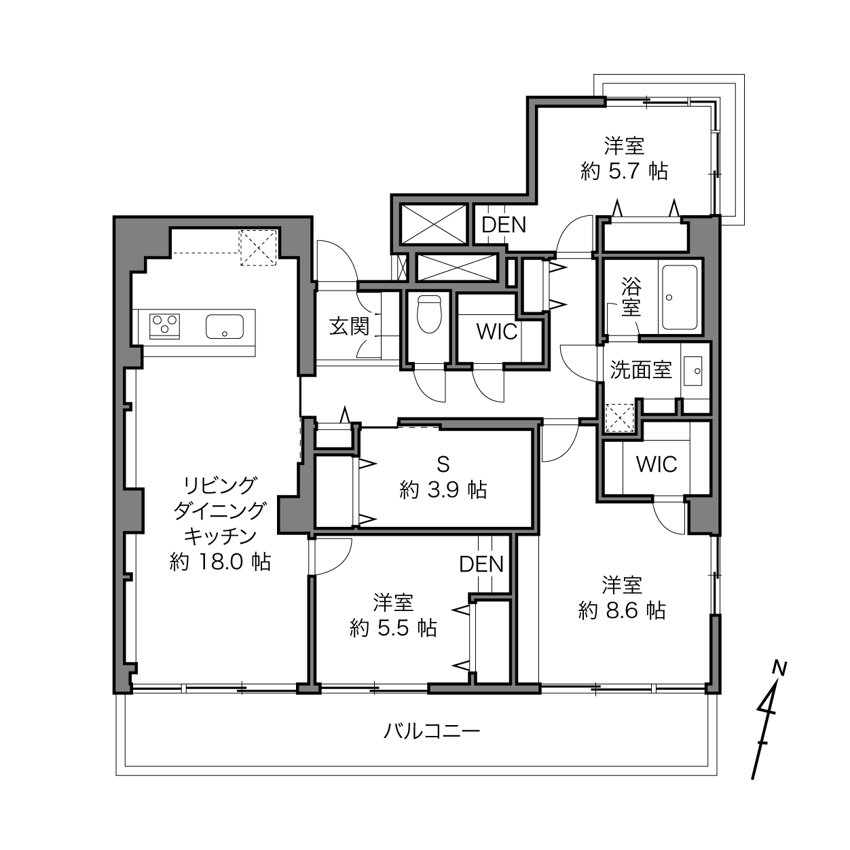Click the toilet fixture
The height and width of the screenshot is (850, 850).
point(429,314)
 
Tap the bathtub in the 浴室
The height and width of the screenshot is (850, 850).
point(680,297)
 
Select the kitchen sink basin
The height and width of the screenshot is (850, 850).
point(225,327)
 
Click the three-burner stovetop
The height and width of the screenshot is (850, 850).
point(164,327)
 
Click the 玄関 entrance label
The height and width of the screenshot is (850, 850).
point(349,327)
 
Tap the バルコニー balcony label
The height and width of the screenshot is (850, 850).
point(431,732)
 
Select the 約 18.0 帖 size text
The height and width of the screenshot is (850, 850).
point(220,562)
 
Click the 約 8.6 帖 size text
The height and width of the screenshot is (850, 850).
point(621,610)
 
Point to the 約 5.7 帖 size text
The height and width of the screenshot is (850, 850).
point(624,171)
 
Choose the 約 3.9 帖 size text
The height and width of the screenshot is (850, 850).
point(443,489)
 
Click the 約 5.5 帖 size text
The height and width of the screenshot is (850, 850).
point(394,628)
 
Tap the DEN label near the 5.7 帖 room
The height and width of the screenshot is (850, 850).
point(504,225)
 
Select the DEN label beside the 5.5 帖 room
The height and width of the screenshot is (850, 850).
point(481,564)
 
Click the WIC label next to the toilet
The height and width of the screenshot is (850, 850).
point(497,332)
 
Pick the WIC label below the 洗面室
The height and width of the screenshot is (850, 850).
point(657,464)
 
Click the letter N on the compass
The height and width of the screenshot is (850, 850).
point(779,669)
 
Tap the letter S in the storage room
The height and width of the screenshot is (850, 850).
point(443,464)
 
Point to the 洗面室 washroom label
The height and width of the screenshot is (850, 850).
point(641,371)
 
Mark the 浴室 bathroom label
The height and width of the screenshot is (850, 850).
point(631,297)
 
